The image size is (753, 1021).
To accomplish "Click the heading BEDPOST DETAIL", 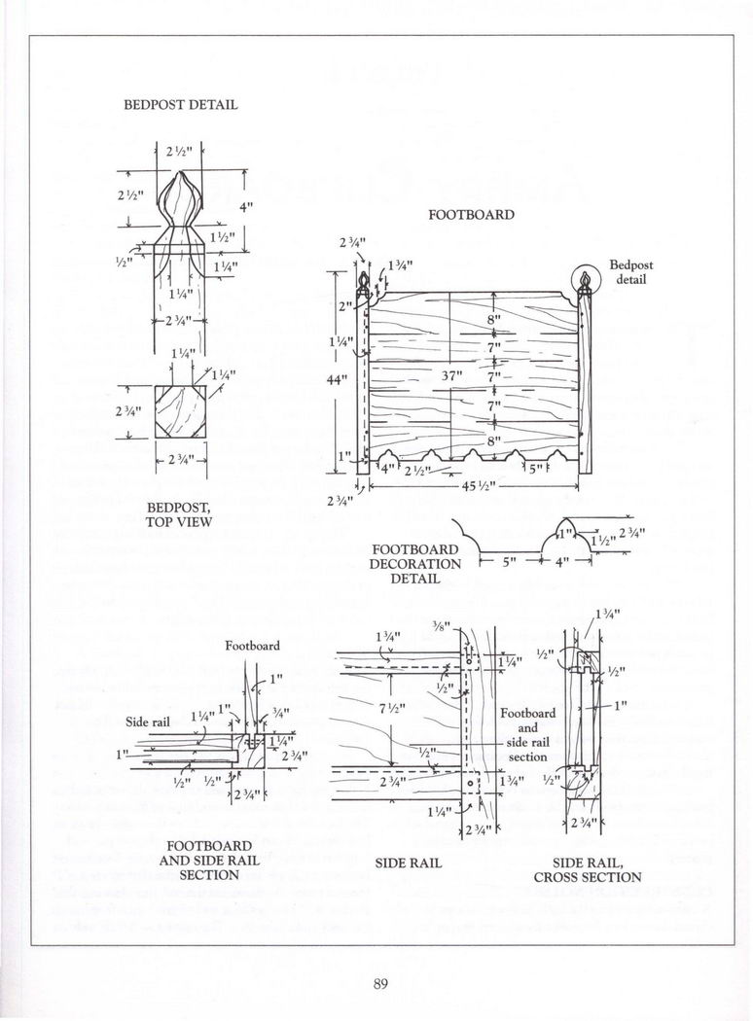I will (179, 104).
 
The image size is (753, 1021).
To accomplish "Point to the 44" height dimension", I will (336, 379).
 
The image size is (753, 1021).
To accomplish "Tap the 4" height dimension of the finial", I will (246, 206).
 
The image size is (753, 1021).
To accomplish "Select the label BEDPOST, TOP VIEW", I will (172, 513).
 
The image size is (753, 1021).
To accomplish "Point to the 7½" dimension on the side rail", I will (389, 708).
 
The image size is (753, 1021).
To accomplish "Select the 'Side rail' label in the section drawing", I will (150, 721).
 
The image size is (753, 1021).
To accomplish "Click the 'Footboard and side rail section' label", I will (528, 734).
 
